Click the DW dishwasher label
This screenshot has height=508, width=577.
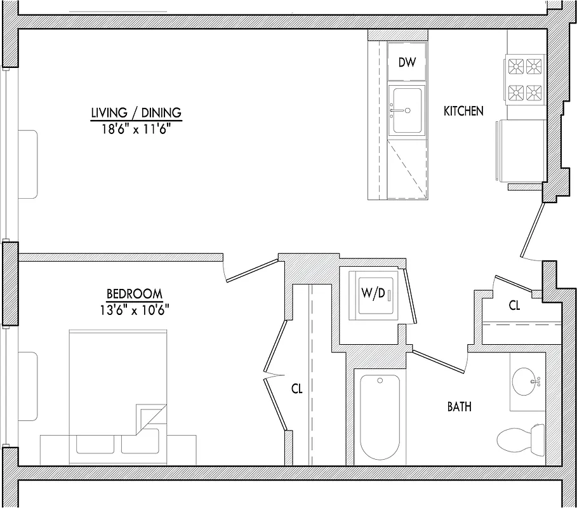pyautogui.click(x=406, y=62)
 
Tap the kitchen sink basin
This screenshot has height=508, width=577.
pyautogui.click(x=406, y=110)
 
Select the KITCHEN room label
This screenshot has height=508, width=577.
pyautogui.click(x=463, y=111)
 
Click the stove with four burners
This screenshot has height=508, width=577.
pyautogui.click(x=525, y=79)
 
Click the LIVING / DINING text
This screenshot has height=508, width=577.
pyautogui.click(x=136, y=113)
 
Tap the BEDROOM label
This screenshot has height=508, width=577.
pyautogui.click(x=134, y=294)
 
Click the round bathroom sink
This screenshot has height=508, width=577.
pyautogui.click(x=527, y=381)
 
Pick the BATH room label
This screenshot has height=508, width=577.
pyautogui.click(x=459, y=406)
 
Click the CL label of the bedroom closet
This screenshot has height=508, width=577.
pyautogui.click(x=296, y=389)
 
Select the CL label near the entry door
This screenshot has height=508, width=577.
pyautogui.click(x=514, y=305)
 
